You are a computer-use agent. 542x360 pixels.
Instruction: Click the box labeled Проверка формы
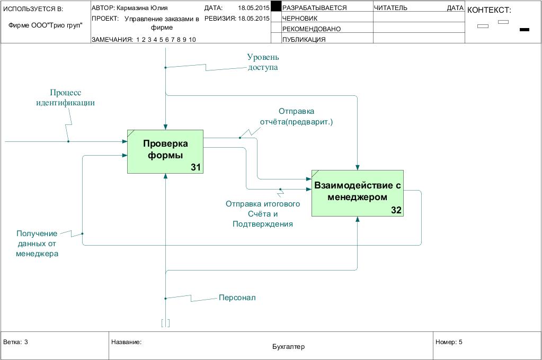165,151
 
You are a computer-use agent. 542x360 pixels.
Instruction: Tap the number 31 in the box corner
196,167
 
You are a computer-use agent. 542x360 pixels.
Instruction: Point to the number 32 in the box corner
396,210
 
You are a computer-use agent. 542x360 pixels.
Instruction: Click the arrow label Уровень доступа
263,62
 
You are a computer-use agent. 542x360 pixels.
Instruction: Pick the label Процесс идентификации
65,97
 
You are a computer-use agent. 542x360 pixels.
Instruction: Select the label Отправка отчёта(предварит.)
296,116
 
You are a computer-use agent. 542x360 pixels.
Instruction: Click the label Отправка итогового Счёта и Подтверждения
263,214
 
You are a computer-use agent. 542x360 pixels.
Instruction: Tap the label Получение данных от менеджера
37,244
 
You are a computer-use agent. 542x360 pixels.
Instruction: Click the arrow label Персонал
237,298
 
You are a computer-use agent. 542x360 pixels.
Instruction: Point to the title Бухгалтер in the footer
288,347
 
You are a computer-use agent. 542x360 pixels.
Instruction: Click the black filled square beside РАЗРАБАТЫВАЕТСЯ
276,6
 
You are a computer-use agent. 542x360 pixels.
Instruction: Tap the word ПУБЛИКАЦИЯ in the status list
304,40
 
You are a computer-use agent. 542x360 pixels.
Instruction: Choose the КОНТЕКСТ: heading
489,10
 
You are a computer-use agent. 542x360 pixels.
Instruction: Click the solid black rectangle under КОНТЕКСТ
525,30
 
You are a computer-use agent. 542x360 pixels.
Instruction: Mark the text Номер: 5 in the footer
449,342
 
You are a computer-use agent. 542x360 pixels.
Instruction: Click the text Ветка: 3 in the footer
15,342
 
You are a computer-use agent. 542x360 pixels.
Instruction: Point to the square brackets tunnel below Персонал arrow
165,322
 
